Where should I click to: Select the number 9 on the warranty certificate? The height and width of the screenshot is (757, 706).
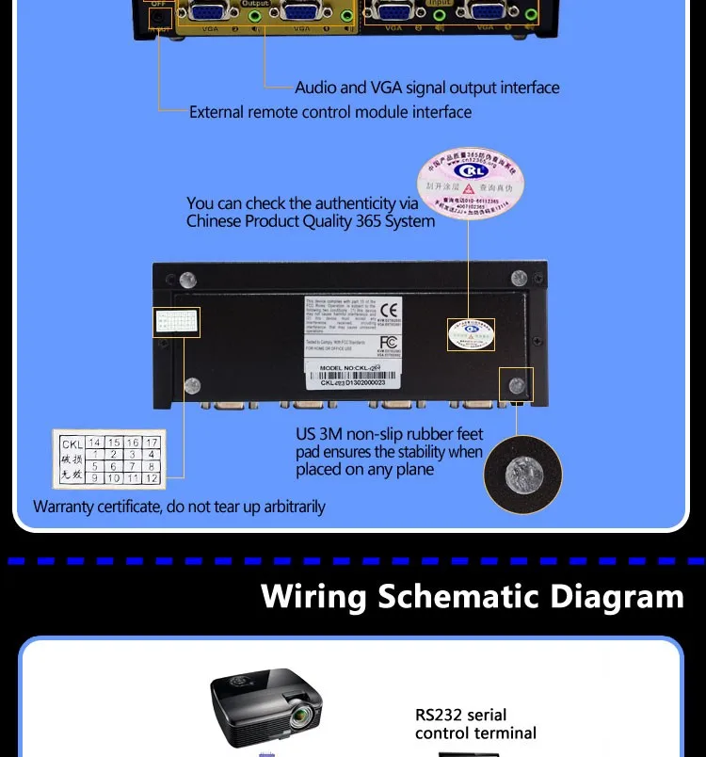[93, 478]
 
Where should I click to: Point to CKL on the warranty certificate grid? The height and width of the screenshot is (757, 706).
[72, 443]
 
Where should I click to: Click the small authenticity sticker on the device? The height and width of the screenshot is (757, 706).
[470, 333]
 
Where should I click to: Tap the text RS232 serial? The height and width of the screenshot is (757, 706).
[461, 715]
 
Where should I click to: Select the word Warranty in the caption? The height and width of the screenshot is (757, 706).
[67, 507]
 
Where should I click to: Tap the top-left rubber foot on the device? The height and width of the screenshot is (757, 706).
[188, 280]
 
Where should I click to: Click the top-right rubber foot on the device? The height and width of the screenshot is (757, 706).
[518, 279]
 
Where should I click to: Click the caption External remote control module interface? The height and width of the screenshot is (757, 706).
[330, 112]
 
